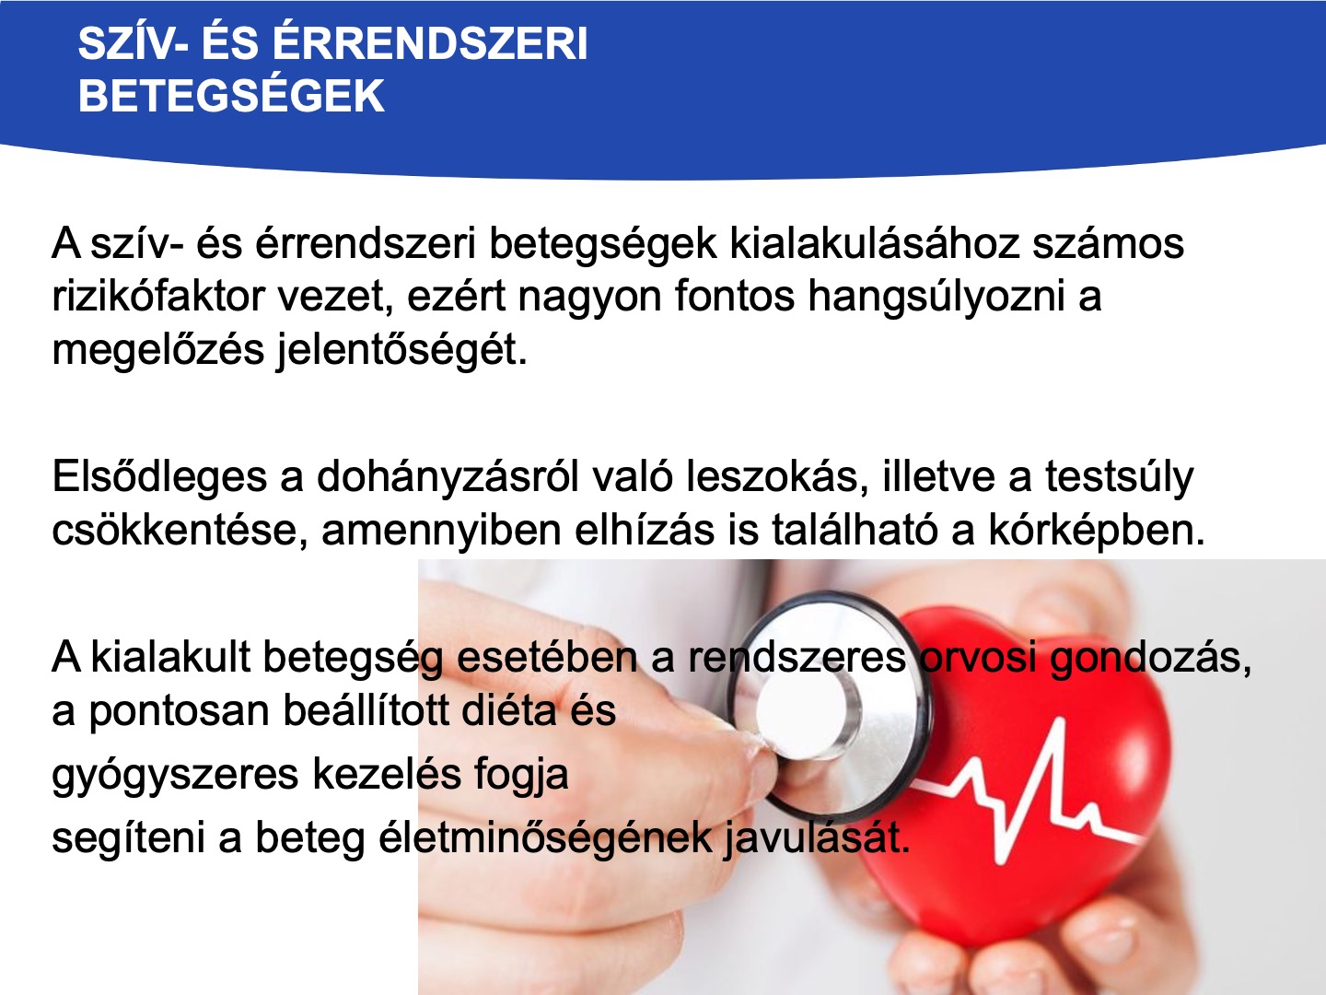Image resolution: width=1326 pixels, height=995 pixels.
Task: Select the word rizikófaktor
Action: tap(158, 297)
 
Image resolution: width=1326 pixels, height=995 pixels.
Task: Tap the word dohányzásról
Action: tap(448, 477)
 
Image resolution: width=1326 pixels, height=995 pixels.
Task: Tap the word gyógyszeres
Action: tap(175, 775)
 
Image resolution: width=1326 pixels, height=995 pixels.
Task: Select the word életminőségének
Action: tap(545, 838)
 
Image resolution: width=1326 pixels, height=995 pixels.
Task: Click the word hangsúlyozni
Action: tap(936, 298)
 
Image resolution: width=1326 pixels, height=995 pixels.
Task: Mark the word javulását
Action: tap(817, 838)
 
